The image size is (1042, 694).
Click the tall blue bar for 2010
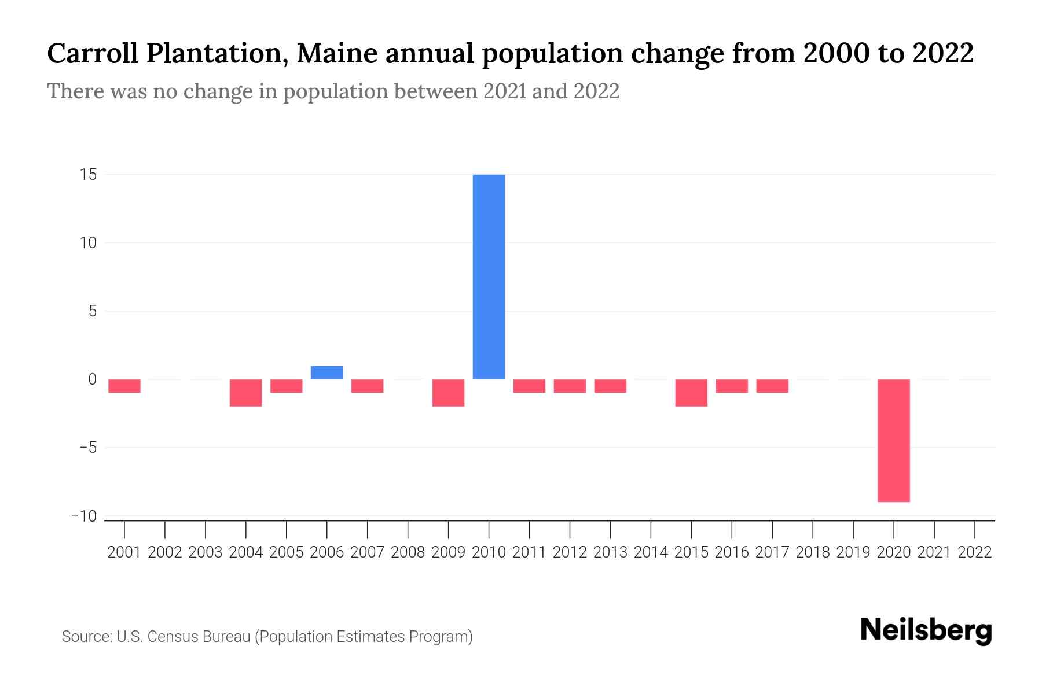[x=489, y=276]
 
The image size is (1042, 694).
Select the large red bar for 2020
[x=894, y=440]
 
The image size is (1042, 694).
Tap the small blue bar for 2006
[x=326, y=372]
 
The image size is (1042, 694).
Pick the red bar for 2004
[x=246, y=393]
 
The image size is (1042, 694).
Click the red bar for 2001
[x=124, y=386]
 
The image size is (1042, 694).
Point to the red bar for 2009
[x=448, y=393]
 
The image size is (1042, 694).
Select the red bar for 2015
[x=691, y=393]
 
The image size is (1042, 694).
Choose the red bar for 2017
[x=772, y=386]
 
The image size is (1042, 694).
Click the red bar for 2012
[x=570, y=386]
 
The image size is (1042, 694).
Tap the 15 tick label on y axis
[x=88, y=175]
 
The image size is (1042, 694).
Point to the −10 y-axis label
[x=83, y=516]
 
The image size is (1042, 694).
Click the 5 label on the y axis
[x=92, y=311]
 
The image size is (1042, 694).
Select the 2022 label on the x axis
[x=975, y=552]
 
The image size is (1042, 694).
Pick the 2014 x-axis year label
[x=651, y=552]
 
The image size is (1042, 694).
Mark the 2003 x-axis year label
[x=206, y=552]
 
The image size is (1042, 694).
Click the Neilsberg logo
[x=926, y=630]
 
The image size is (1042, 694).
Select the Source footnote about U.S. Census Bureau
[x=267, y=637]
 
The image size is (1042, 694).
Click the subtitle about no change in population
[x=333, y=91]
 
